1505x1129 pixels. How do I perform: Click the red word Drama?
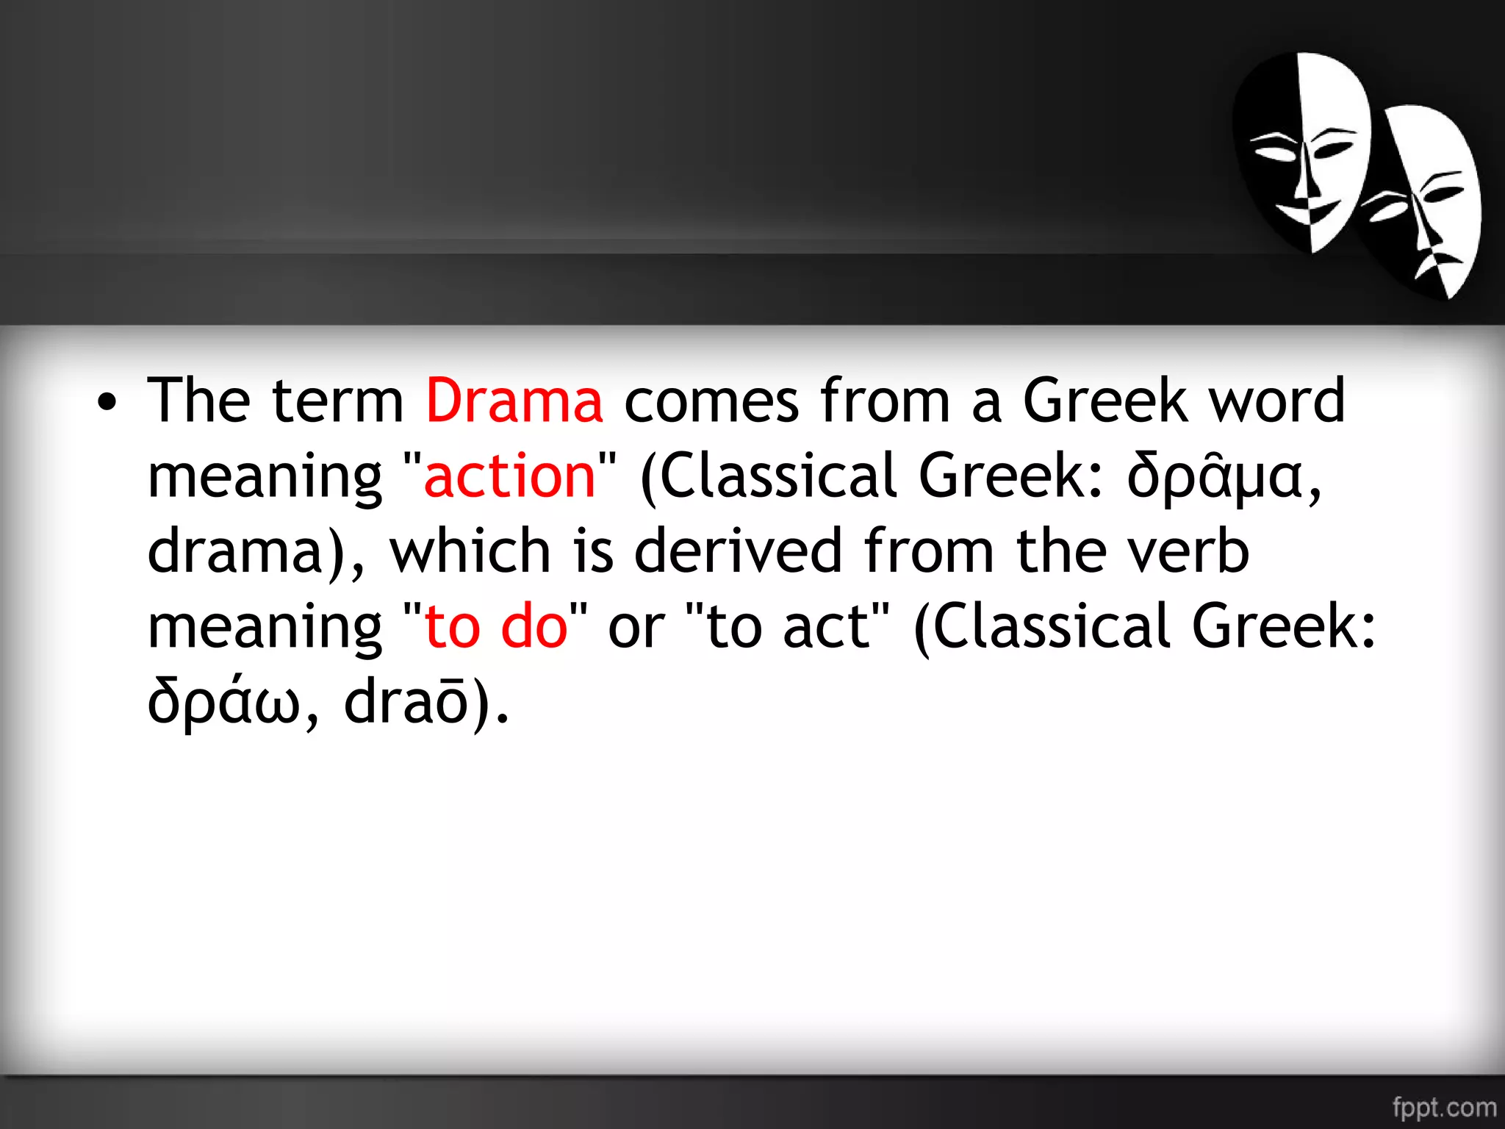click(x=514, y=401)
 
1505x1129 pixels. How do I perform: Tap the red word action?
click(x=509, y=476)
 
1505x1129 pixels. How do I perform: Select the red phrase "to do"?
click(x=497, y=626)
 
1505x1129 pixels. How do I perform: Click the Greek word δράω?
click(x=224, y=701)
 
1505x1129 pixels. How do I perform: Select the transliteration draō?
click(x=406, y=701)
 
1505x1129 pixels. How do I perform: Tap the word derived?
click(x=738, y=551)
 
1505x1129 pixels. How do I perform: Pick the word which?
click(x=470, y=551)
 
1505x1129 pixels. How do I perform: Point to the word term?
click(x=337, y=401)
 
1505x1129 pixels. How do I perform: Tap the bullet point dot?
click(x=107, y=402)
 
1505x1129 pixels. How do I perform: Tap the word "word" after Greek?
click(x=1276, y=401)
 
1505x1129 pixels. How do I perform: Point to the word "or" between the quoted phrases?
click(x=636, y=628)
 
